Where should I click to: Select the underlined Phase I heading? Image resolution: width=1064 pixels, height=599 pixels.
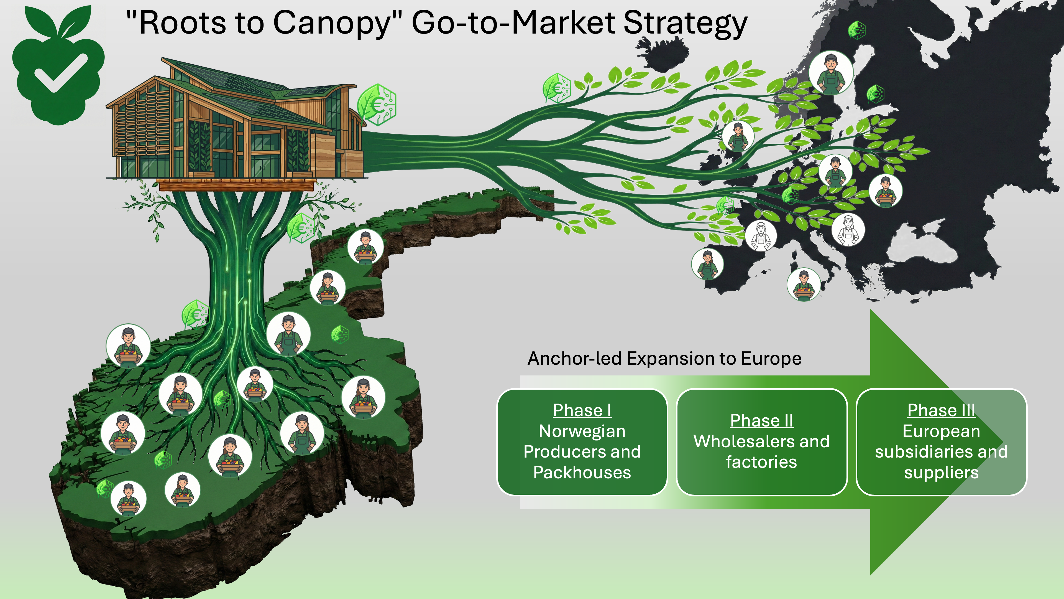[582, 410]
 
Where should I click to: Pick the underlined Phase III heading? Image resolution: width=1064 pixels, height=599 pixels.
[941, 410]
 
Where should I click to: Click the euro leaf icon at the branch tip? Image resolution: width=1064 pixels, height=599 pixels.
[556, 87]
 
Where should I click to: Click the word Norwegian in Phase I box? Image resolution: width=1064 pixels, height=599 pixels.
[582, 431]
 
